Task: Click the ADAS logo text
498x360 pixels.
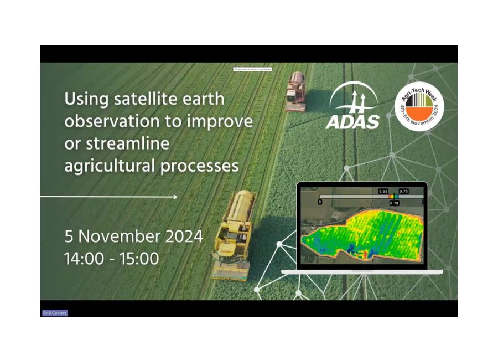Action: (x=352, y=122)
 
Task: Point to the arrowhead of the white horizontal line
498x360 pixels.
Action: (x=175, y=197)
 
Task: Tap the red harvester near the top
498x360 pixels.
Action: (x=296, y=91)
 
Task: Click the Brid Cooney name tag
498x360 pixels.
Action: (x=55, y=313)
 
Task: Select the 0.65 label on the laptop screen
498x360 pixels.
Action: (x=383, y=191)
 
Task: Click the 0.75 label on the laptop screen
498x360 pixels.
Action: (x=403, y=191)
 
